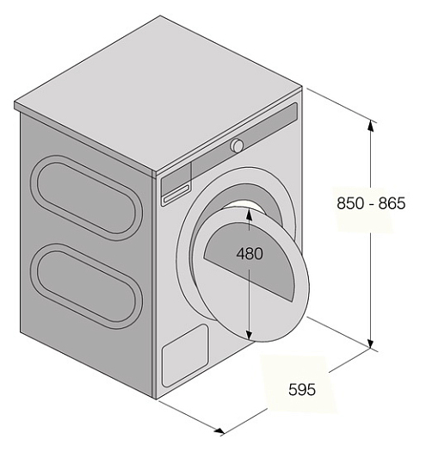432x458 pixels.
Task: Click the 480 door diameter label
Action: tap(250, 253)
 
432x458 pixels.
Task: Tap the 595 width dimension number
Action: tap(302, 389)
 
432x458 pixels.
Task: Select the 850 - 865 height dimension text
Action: tap(371, 203)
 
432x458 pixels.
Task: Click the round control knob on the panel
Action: tap(237, 145)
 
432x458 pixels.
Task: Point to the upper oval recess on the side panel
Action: tap(87, 197)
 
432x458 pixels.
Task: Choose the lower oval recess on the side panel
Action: tap(87, 286)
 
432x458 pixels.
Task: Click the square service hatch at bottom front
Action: tap(185, 356)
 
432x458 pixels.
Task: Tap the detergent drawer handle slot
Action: tap(177, 194)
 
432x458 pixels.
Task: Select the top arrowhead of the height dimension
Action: tap(371, 126)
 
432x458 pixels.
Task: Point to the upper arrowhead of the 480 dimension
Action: tap(249, 214)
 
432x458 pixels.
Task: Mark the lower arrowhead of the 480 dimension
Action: tap(249, 335)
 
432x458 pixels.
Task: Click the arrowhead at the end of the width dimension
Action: tap(219, 430)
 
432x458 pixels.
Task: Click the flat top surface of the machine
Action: tap(157, 94)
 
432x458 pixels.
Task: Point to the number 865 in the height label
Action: tap(392, 203)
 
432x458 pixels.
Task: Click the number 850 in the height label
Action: tap(350, 203)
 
